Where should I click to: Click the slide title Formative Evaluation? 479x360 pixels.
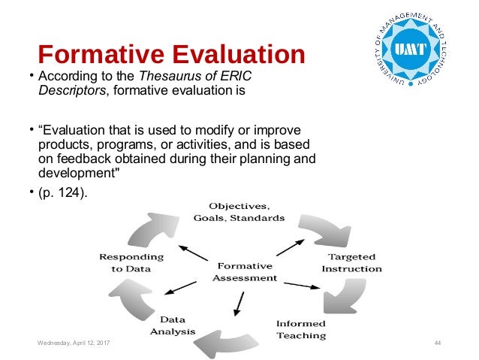[171, 54]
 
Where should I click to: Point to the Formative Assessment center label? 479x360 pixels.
[244, 271]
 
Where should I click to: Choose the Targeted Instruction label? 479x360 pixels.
[351, 262]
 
